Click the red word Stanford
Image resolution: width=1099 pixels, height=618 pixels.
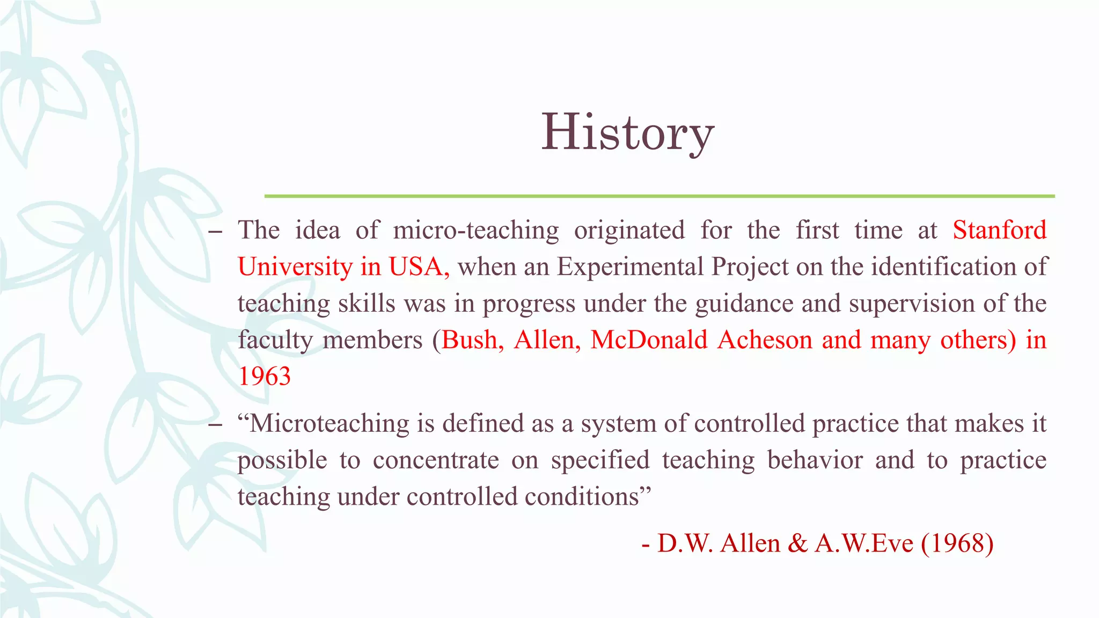coord(999,230)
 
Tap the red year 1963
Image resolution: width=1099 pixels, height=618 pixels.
coord(265,376)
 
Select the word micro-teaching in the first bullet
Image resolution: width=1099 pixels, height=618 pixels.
coord(475,231)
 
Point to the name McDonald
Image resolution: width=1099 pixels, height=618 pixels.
coord(649,340)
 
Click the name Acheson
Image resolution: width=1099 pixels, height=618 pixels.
coord(765,340)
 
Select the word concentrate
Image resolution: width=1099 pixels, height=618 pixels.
coord(436,460)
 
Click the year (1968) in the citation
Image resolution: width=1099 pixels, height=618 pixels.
coord(957,543)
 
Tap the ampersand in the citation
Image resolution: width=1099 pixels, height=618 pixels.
coord(798,543)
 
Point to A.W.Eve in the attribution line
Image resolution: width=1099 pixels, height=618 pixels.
coord(864,543)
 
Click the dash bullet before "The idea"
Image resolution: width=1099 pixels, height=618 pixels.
coord(215,232)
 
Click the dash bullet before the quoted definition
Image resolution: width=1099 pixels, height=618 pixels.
coord(215,425)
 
